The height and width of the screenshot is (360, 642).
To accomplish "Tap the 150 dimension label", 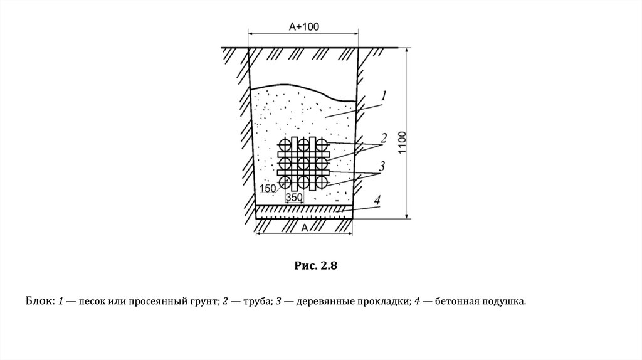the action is coord(268,188).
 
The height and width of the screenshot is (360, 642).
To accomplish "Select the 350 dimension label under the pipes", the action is coord(295,197).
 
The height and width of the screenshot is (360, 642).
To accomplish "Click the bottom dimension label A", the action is coord(303,228).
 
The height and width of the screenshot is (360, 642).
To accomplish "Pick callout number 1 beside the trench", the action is coord(384,96).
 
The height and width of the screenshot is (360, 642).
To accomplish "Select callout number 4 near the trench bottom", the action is coord(377,201).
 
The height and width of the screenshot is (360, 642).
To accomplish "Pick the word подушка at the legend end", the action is coord(503,302).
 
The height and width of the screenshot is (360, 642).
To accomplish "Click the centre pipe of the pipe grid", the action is coord(303,164).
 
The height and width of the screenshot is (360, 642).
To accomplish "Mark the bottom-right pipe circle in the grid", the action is coord(322,182).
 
